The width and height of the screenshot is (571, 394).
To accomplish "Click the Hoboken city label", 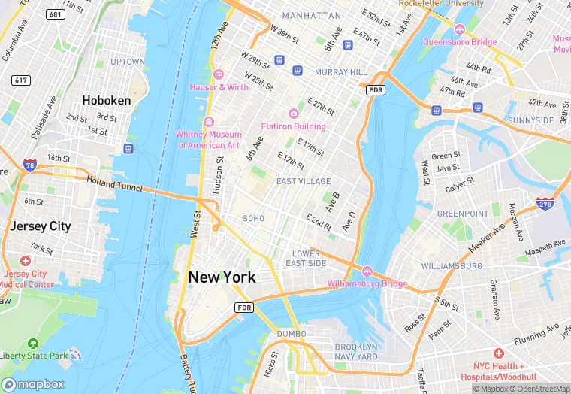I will coord(106,100).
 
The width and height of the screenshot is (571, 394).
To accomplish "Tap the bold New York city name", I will coord(222,277).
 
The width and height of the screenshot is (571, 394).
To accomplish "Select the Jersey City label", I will coord(40,226).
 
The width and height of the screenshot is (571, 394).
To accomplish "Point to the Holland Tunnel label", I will coord(113,183).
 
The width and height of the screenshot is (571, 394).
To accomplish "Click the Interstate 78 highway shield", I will coord(29,164).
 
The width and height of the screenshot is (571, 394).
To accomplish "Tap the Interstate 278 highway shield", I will coord(545,204).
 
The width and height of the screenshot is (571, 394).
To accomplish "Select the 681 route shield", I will coord(54,14).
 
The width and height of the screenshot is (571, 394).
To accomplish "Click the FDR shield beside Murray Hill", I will coord(376,90).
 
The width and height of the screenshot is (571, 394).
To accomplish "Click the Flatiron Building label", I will coord(293,126).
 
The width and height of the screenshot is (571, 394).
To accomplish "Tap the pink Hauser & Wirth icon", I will coord(219,74).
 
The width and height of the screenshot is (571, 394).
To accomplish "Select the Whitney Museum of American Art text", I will coord(208,139).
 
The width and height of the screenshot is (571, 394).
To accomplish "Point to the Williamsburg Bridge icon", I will coord(367,271).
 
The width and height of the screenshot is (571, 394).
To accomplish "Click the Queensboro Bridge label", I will coord(459,42).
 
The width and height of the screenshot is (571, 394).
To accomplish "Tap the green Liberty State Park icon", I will coord(32,343).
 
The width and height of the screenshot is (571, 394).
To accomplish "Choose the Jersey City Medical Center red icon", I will coord(26,260).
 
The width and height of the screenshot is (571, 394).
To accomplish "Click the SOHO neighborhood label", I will coord(253,218).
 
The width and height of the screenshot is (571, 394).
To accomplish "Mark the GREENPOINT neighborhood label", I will coord(463,214).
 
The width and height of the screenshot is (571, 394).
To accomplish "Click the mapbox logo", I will coord(34,384).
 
